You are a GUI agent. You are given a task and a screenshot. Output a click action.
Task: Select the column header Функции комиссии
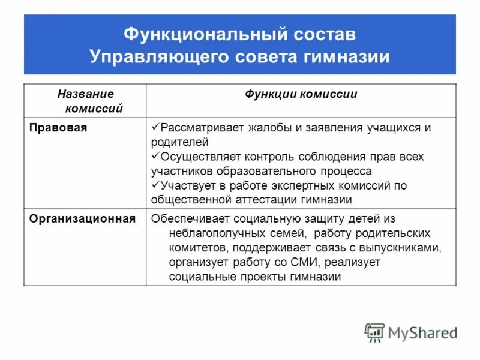[x=301, y=94]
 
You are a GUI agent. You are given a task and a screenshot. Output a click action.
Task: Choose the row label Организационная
[x=82, y=218]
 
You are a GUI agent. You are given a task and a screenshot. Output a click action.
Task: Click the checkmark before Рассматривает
[x=154, y=127]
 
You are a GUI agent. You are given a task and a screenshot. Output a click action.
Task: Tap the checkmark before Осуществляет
[x=154, y=156]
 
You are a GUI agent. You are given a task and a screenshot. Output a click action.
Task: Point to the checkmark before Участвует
[x=154, y=185]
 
